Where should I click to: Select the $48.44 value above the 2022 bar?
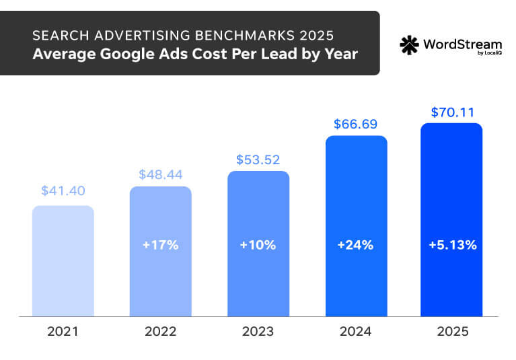tap(161, 174)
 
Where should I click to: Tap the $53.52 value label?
tap(258, 159)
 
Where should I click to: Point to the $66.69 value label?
tap(356, 124)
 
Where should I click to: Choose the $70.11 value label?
tap(451, 111)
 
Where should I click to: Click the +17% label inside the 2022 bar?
tap(161, 245)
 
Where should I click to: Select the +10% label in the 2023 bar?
tap(258, 245)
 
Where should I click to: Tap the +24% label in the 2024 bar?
tap(356, 245)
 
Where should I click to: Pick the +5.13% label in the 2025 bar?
tap(452, 245)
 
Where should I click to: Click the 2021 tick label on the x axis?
tap(63, 332)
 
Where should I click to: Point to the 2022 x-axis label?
tap(161, 332)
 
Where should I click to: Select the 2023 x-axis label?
tap(258, 332)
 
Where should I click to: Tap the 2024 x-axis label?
tap(356, 332)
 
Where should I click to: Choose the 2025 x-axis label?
tap(452, 332)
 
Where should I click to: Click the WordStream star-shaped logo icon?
tap(409, 45)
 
